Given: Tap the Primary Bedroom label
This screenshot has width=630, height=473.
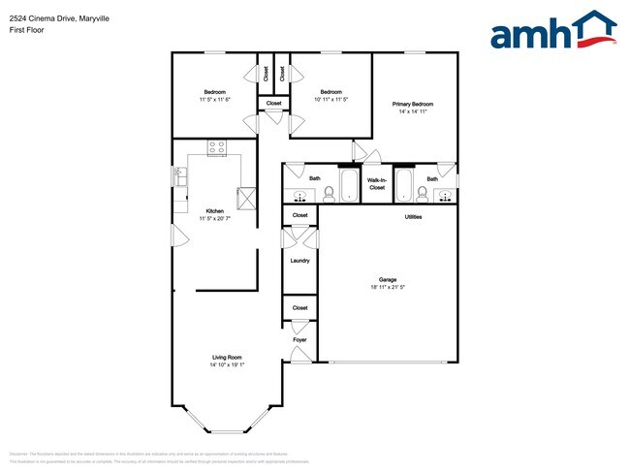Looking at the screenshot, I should click(412, 104).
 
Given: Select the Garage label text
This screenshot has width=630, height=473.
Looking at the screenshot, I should click(388, 279).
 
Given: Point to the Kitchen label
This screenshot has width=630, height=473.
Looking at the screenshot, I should click(214, 210).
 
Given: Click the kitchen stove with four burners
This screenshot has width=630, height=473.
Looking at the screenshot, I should click(216, 148).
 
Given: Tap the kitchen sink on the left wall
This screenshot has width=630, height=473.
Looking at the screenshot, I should click(180, 176).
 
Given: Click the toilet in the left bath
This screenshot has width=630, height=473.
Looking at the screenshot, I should click(329, 192).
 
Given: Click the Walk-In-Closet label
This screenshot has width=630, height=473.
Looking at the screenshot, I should click(377, 182).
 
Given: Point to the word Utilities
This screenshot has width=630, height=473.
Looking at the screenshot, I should click(413, 216).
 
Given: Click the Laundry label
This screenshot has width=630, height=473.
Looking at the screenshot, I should click(299, 260).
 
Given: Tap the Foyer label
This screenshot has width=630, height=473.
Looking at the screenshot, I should click(299, 340).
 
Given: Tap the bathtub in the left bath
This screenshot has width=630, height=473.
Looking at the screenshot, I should click(349, 185).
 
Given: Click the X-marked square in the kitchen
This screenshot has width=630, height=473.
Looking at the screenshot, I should click(247, 199).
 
